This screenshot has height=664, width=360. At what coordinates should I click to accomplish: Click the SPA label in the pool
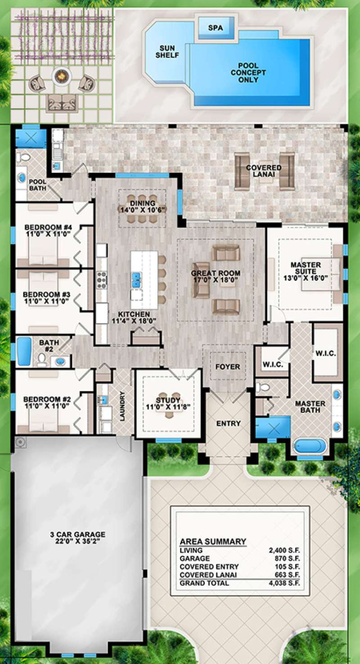click(216, 28)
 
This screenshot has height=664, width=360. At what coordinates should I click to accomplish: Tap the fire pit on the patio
click(62, 77)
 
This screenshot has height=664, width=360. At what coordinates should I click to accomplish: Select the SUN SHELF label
click(167, 52)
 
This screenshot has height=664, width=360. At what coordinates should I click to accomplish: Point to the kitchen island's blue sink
click(136, 280)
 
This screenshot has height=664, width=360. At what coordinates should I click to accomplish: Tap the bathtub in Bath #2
click(24, 351)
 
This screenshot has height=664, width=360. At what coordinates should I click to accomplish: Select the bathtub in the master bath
click(309, 446)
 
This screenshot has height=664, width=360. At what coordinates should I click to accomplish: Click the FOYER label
click(228, 367)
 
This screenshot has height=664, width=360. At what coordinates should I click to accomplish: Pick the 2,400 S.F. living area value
click(284, 550)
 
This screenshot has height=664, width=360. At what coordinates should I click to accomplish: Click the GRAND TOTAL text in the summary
click(204, 583)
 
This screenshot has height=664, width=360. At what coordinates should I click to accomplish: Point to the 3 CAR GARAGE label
click(78, 534)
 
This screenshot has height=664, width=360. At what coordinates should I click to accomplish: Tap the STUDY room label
click(168, 400)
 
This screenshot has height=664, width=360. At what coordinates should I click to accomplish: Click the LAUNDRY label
click(122, 406)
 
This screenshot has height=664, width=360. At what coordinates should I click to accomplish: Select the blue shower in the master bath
click(273, 428)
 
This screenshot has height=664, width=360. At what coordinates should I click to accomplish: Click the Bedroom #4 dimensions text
click(48, 234)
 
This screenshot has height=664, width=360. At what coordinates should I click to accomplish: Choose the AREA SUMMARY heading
click(213, 542)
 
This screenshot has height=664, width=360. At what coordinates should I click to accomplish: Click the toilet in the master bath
click(263, 387)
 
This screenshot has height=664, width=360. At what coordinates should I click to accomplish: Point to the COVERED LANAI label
click(264, 171)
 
